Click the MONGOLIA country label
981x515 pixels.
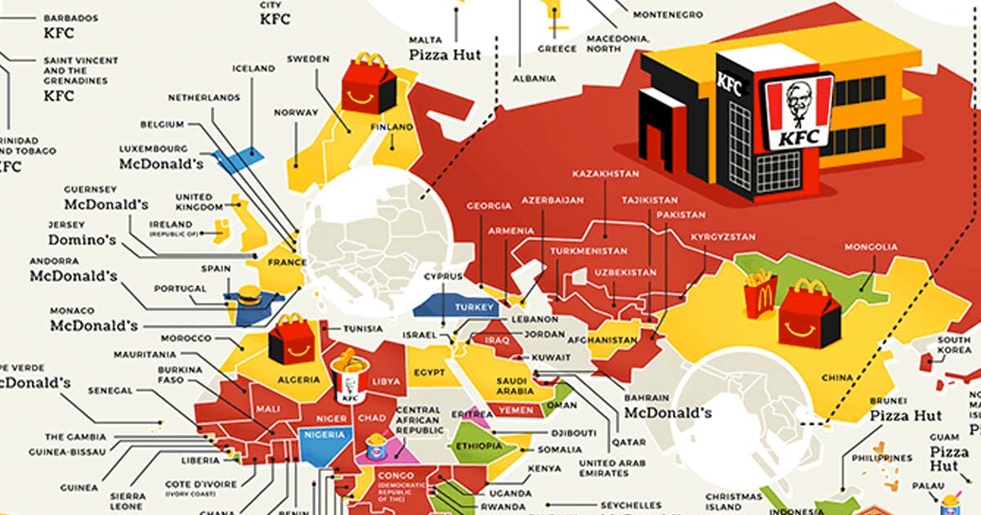pyautogui.click(x=871, y=247)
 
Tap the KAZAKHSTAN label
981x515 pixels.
pyautogui.click(x=606, y=174)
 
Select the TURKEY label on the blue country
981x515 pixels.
pyautogui.click(x=480, y=307)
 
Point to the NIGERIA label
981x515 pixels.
pyautogui.click(x=324, y=435)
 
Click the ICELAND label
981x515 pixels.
pyautogui.click(x=253, y=69)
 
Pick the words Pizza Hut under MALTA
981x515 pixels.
pyautogui.click(x=446, y=56)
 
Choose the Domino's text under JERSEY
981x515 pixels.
pyautogui.click(x=82, y=240)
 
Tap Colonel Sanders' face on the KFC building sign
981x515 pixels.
pyautogui.click(x=798, y=103)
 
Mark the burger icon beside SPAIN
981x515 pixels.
pyautogui.click(x=249, y=298)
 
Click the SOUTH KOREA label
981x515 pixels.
pyautogui.click(x=954, y=345)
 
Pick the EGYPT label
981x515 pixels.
pyautogui.click(x=429, y=373)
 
